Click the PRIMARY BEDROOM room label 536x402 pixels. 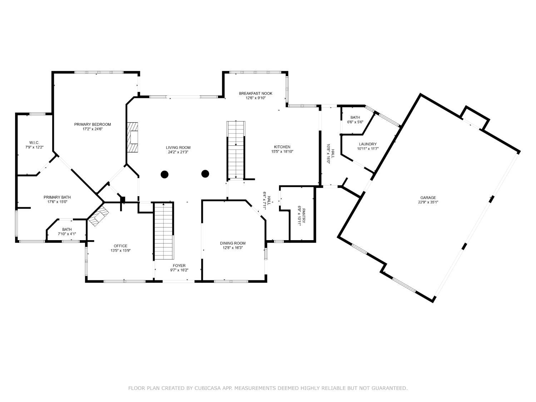93,124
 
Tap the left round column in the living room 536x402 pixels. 164,174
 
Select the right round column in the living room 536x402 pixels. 205,174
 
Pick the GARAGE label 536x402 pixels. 428,198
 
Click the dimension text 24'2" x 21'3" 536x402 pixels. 178,152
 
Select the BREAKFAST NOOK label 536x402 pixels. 255,94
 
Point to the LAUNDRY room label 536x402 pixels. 368,144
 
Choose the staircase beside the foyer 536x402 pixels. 164,231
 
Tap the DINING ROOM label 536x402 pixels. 233,243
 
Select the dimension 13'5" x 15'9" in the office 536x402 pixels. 120,250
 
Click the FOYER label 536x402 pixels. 179,265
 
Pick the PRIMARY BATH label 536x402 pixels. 57,197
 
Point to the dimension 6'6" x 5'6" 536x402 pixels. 355,122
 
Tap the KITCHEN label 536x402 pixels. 282,147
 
